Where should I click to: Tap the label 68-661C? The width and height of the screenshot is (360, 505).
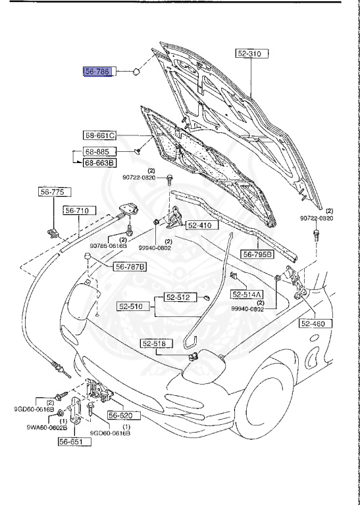coord(100,136)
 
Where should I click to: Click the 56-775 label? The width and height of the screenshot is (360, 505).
coord(51,192)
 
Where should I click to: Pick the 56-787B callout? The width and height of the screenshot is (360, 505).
coord(130,266)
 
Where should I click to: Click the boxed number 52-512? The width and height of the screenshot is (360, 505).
coord(176,298)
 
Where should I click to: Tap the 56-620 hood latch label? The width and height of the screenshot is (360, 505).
coord(120,416)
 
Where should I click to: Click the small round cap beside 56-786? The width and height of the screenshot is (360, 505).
coord(135,71)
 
